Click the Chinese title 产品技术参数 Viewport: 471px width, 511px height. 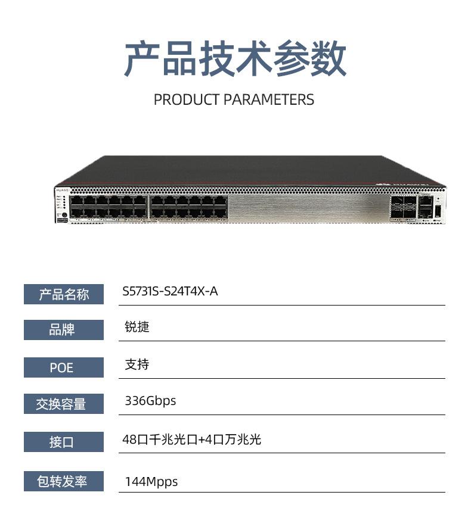pos(235,59)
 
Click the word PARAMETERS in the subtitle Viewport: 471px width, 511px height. pos(269,99)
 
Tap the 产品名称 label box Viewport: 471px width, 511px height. pos(64,294)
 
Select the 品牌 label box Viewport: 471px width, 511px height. pos(64,329)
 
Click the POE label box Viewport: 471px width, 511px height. pos(64,367)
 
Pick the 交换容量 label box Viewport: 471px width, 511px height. pos(64,404)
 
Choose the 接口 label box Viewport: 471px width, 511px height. pos(64,442)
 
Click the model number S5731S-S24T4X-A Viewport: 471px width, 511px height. pos(170,292)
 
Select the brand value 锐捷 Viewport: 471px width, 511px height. pos(137,327)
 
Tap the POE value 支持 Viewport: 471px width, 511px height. pos(137,364)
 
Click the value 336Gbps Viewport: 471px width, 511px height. pos(150,401)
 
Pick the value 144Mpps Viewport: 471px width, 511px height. pos(151,481)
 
